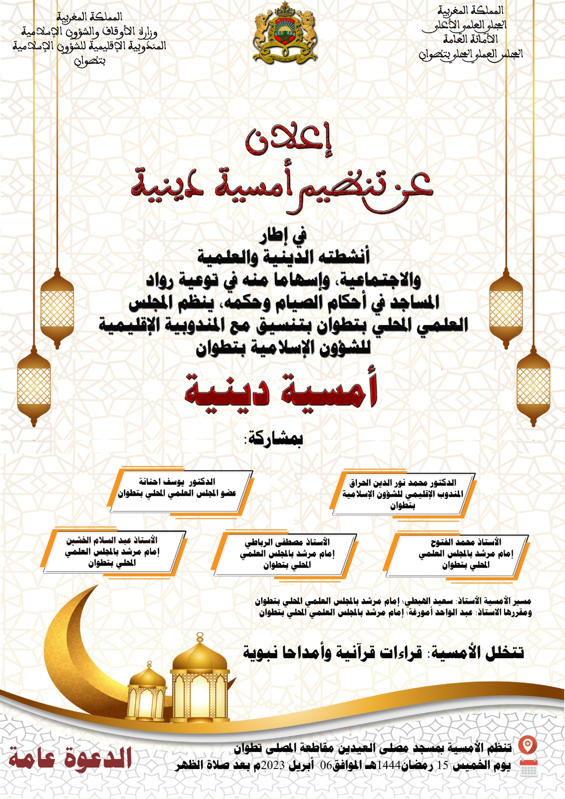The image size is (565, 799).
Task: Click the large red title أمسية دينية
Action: (281, 390)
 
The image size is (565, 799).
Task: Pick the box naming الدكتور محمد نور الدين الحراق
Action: (403, 493)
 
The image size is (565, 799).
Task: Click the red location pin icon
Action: (527, 746)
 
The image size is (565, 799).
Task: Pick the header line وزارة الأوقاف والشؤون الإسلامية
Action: (90, 32)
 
